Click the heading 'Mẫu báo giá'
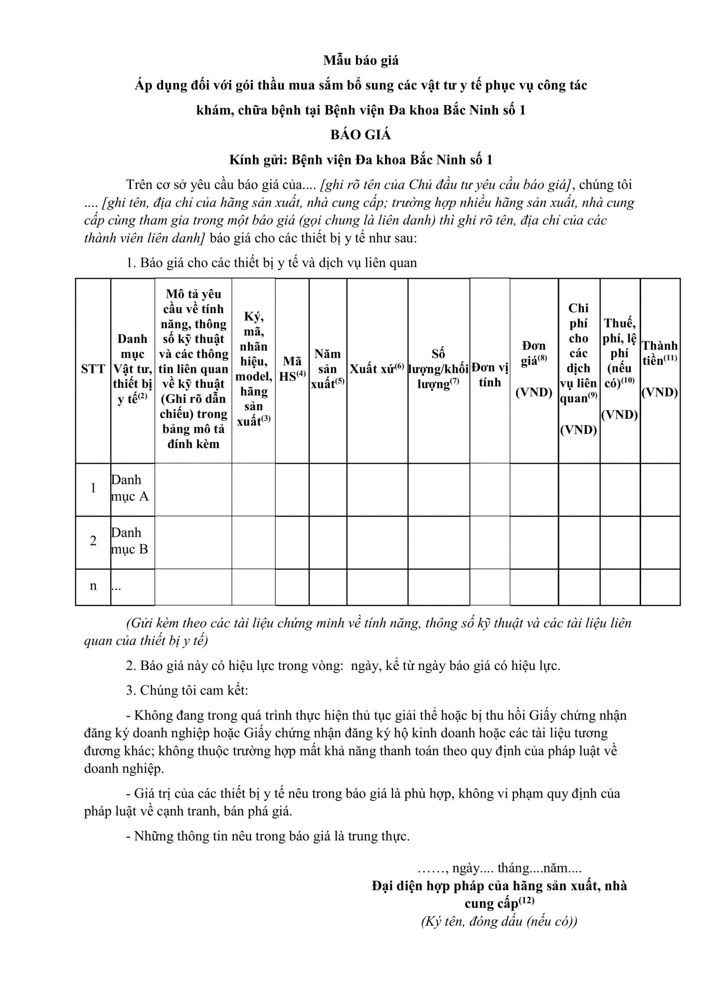click(360, 60)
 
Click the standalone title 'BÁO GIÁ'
click(360, 135)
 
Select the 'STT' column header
click(93, 369)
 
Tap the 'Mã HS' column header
click(292, 369)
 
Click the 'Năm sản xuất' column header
click(328, 369)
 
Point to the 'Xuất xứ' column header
click(377, 369)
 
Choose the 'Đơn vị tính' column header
click(489, 375)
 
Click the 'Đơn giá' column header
click(533, 369)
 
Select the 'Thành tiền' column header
click(660, 369)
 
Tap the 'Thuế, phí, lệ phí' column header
click(620, 369)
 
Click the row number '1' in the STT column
click(93, 489)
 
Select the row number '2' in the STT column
click(93, 541)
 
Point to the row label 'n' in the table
click(93, 586)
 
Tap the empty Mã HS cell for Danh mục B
click(292, 542)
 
